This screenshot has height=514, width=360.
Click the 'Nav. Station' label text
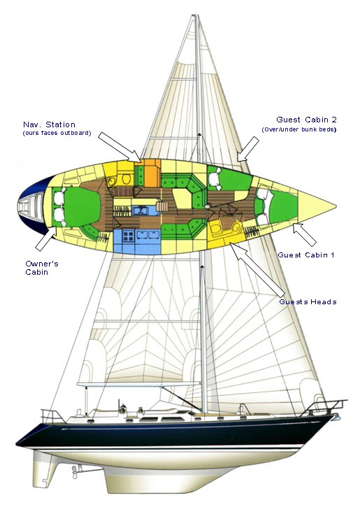coord(49,124)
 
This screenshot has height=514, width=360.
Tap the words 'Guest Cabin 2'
coord(306,120)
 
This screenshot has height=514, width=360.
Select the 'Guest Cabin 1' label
coord(306,255)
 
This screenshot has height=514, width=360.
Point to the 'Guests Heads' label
coord(308,301)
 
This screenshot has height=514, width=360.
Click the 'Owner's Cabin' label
coord(42,268)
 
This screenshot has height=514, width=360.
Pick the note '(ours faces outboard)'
coord(57,133)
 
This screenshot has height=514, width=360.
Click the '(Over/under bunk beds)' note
coord(298,129)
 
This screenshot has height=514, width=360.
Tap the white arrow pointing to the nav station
coord(120,147)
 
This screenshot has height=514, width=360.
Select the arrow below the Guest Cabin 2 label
coord(248,149)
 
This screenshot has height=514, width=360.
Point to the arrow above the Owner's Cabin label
coord(46,238)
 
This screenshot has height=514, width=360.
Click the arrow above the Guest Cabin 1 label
coord(305,234)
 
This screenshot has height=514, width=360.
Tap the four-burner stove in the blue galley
coord(128,236)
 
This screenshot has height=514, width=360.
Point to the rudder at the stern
coord(45,471)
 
